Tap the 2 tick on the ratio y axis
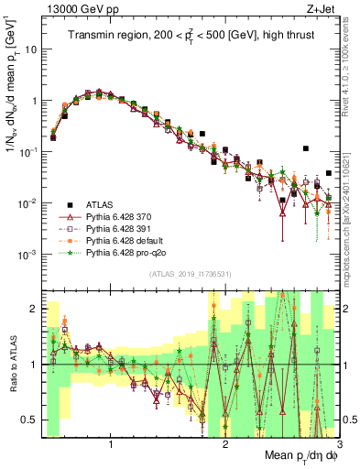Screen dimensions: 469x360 34,309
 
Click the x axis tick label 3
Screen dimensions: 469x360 338,444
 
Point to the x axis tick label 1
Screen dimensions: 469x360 111,444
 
